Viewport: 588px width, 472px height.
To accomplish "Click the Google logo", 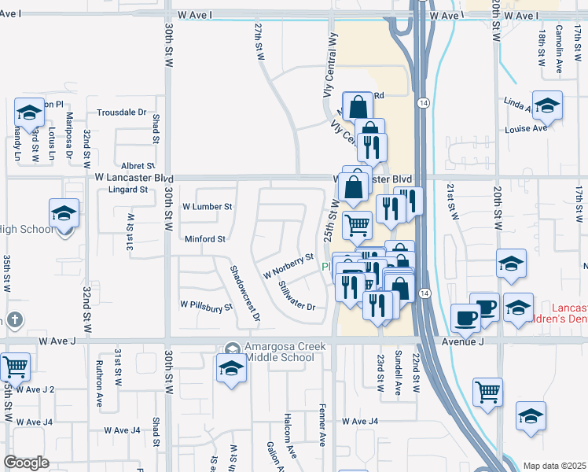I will (26, 463).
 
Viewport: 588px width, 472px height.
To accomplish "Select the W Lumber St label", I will (208, 207).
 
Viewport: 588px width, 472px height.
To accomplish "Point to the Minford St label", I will (205, 238).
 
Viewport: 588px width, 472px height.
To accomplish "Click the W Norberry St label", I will (288, 266).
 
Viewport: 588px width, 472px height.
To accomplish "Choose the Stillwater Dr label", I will (296, 296).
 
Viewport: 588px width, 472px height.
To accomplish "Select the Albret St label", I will (138, 166).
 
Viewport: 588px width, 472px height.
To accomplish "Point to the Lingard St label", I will (128, 190).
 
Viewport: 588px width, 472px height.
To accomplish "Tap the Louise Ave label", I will (526, 128).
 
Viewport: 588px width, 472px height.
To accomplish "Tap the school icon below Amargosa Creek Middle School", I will (231, 368).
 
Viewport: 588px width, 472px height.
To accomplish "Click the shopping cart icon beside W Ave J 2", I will (14, 366).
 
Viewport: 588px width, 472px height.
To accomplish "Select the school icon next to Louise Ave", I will (547, 105).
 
